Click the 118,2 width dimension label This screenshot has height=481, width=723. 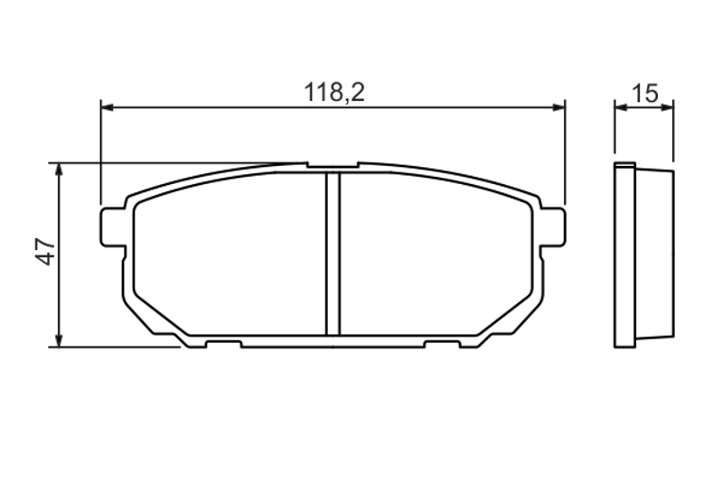334,93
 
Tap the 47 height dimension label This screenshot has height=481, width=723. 46,252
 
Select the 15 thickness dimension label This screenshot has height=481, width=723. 644,94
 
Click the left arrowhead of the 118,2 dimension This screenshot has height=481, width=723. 107,107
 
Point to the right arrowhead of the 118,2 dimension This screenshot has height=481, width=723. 559,107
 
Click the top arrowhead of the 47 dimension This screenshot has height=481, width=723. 59,170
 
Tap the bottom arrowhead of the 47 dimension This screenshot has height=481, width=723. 59,340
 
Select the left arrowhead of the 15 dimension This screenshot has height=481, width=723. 621,107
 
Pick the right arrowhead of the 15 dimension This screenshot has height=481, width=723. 667,107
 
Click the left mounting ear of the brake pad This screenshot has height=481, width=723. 112,227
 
